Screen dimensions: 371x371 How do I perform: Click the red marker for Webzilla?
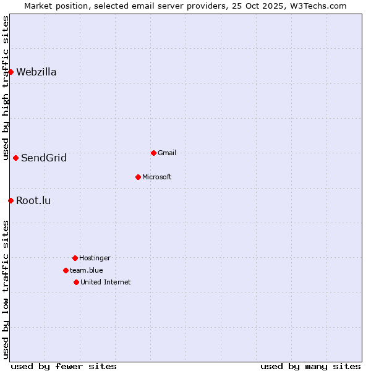(11, 72)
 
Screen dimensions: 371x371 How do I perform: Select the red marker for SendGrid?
(15, 158)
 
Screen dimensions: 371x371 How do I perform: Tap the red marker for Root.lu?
(11, 200)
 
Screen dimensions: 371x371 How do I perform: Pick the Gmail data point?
(153, 153)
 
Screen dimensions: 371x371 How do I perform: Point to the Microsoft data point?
(138, 177)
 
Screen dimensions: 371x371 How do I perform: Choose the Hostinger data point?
(75, 258)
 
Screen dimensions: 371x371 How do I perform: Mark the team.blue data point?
(66, 270)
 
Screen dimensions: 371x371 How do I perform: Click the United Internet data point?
(76, 282)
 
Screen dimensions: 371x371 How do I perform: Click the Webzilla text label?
(36, 72)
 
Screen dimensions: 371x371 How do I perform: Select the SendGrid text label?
(44, 158)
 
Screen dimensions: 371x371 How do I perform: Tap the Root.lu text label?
(33, 200)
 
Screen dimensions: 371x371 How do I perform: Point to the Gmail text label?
(167, 153)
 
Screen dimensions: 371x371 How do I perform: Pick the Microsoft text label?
(157, 177)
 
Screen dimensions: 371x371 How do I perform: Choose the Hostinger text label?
(95, 258)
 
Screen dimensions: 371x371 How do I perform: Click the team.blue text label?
(87, 270)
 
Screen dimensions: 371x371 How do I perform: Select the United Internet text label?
(106, 282)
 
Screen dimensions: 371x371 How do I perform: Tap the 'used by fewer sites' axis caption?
(64, 366)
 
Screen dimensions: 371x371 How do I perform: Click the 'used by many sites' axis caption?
(310, 366)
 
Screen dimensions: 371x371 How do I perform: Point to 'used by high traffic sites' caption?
(6, 88)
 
